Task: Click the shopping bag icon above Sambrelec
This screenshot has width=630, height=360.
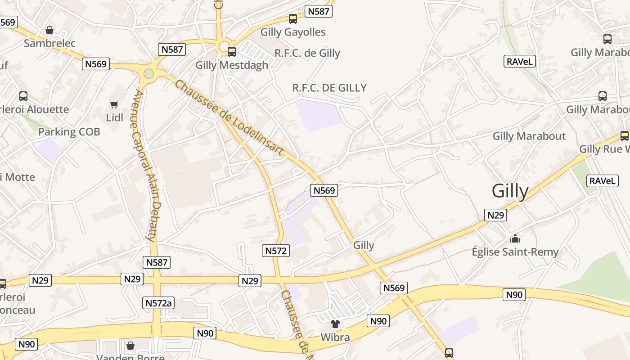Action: (x=49, y=30)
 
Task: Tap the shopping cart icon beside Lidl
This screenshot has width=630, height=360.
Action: (x=114, y=104)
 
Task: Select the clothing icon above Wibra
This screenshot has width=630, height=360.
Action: (x=335, y=324)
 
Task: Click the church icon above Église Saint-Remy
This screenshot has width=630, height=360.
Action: (x=515, y=238)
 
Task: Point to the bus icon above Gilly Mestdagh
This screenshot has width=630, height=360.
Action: (x=232, y=52)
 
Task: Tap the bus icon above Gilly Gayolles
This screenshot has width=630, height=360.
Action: (x=293, y=19)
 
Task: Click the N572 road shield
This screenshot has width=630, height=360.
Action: (x=275, y=251)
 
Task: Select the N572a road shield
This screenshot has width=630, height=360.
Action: (x=159, y=303)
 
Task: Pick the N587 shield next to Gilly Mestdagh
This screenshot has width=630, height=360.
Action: (x=172, y=49)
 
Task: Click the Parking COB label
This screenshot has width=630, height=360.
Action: (x=69, y=132)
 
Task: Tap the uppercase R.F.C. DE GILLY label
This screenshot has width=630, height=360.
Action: (x=329, y=88)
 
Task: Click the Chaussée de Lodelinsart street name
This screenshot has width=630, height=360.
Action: (x=229, y=118)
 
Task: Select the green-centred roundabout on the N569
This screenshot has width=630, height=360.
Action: (x=148, y=73)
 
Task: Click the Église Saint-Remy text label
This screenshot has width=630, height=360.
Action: (x=515, y=252)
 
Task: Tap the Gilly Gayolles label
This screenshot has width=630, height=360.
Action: (x=293, y=32)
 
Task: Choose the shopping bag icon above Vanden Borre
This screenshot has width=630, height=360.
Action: (x=130, y=346)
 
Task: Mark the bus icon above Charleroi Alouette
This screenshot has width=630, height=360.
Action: (x=23, y=96)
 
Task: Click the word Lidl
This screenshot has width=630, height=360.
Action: (x=114, y=117)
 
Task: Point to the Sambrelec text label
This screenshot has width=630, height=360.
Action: (x=49, y=43)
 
